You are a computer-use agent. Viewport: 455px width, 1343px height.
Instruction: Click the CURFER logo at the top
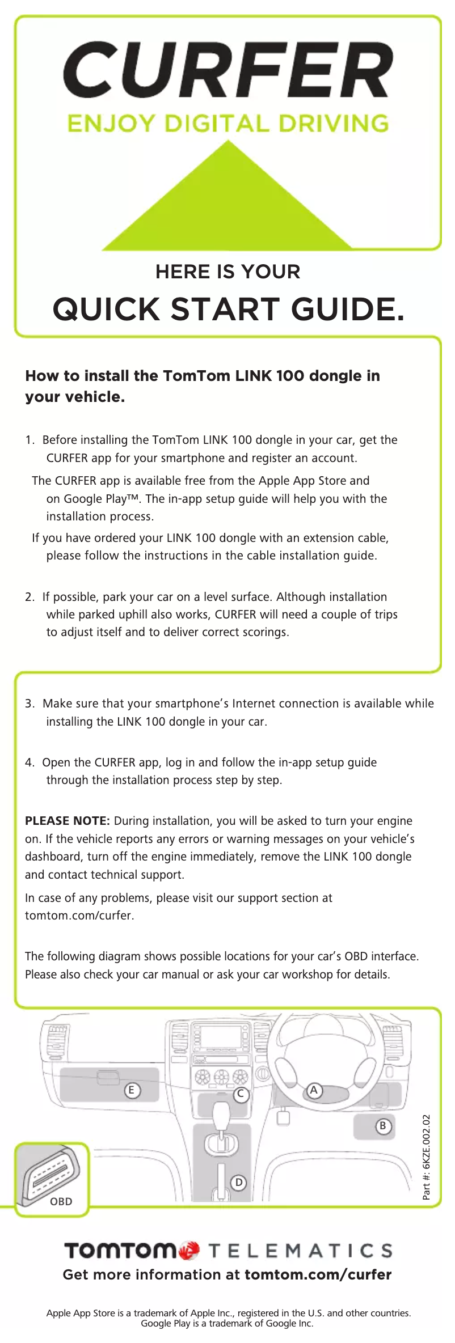tap(227, 70)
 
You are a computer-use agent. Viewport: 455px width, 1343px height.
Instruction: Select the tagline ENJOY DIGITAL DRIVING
tap(227, 124)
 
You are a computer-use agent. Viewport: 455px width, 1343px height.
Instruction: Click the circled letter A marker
tap(314, 1090)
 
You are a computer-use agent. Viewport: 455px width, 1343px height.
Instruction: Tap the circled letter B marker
tap(383, 1125)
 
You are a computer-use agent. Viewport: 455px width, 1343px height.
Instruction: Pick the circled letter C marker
tap(241, 1094)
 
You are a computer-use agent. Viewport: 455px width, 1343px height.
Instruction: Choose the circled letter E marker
tap(132, 1090)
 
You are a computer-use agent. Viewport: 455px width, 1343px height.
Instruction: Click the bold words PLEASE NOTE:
tap(67, 821)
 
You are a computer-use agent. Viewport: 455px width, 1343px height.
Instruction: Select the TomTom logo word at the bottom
tap(120, 1250)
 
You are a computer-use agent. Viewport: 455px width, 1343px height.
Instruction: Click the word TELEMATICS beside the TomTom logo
tap(300, 1251)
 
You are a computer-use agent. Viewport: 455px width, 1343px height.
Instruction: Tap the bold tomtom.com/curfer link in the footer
tap(318, 1275)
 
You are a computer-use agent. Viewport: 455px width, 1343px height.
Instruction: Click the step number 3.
tap(30, 704)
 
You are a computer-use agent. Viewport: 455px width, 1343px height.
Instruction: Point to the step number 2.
tap(30, 597)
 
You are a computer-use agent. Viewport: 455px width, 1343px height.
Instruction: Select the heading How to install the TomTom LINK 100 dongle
tap(203, 385)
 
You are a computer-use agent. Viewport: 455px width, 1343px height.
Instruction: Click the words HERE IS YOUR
tap(227, 272)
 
